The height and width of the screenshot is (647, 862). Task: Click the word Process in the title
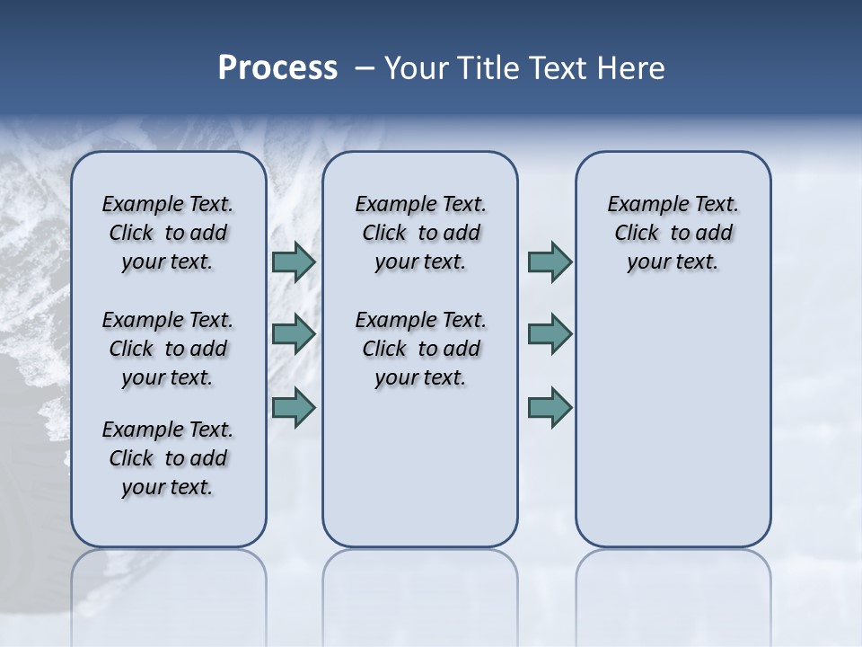tap(277, 68)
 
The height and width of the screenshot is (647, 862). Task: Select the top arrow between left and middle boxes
tap(294, 262)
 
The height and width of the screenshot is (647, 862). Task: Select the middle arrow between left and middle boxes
tap(294, 334)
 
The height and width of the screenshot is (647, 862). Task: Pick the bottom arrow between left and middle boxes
tap(294, 407)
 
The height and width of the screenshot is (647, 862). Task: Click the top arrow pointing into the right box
tap(550, 262)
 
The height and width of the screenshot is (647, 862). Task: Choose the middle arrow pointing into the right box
tap(550, 334)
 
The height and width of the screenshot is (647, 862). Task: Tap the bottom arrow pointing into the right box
tap(550, 407)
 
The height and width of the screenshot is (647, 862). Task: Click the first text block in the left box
tap(168, 233)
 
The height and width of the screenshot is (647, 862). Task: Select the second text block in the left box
tap(168, 349)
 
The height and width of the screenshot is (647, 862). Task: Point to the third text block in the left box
tap(168, 458)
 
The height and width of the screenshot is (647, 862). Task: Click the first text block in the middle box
tap(420, 233)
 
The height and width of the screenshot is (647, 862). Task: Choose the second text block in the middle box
tap(420, 349)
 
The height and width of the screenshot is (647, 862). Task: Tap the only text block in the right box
tap(673, 233)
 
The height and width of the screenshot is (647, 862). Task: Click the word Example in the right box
tap(643, 205)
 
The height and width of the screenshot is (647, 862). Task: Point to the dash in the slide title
tap(365, 68)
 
